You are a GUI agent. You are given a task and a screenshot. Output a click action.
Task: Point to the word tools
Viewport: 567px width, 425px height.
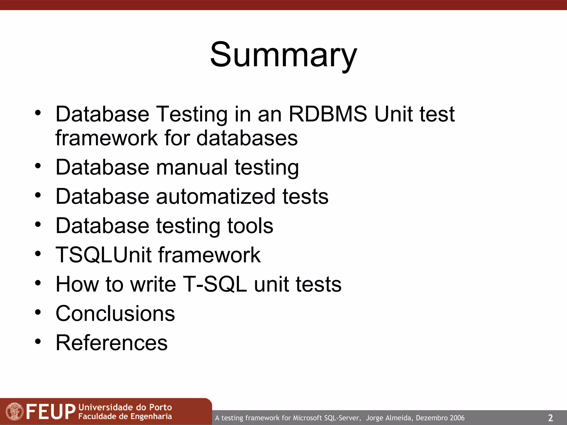250,226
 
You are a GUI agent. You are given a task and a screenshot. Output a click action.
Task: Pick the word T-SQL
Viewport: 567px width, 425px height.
215,284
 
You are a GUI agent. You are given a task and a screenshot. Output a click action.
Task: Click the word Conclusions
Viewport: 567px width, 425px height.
115,313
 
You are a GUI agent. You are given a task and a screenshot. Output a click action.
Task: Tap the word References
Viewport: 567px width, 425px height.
112,343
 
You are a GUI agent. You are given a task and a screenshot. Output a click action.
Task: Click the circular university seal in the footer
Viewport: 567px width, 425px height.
14,411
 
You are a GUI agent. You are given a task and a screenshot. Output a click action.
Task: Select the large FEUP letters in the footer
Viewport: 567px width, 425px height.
51,411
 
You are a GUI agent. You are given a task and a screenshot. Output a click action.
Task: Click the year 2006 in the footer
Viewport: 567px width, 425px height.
457,418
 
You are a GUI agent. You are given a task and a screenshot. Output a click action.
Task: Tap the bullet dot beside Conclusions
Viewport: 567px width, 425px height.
38,312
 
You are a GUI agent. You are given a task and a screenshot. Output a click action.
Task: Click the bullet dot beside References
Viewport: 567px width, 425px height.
38,341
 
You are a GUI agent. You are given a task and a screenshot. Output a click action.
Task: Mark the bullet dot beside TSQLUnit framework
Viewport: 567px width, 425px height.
38,253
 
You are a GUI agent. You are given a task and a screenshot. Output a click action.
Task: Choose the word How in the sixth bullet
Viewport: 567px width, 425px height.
77,284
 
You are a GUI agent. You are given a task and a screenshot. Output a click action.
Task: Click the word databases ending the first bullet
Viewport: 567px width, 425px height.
247,138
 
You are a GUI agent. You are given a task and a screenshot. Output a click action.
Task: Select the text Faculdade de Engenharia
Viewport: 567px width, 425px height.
125,416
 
